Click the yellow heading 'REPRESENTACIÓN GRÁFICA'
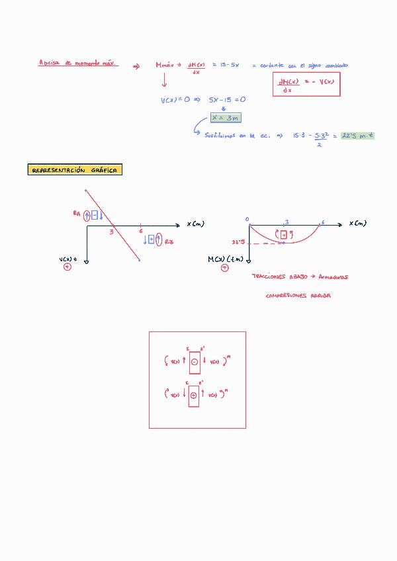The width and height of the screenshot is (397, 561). pos(75,170)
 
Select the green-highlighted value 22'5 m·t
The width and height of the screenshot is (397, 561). pos(358,135)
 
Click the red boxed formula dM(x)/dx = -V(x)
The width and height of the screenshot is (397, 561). pos(306,84)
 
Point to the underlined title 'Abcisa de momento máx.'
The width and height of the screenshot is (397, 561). pos(78,64)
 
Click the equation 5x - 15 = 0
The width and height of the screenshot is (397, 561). pos(228,100)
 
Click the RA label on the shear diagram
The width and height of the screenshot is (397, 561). pos(77,214)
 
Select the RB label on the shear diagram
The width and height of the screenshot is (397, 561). pos(169,241)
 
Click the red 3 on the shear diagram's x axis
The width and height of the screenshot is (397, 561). pos(112,231)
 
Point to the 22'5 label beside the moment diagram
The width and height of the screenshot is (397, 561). pos(239,242)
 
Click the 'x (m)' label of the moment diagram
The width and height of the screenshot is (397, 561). pos(358,224)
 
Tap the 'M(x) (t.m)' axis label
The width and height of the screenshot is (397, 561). pos(226,259)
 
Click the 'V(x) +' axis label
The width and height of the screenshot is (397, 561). pos(68,259)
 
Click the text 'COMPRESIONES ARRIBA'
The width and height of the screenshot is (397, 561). pos(298,296)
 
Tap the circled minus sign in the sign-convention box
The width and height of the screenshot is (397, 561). pos(194,362)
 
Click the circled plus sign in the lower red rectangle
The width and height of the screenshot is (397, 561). pos(194,395)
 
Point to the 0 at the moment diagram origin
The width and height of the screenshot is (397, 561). pos(247,219)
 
